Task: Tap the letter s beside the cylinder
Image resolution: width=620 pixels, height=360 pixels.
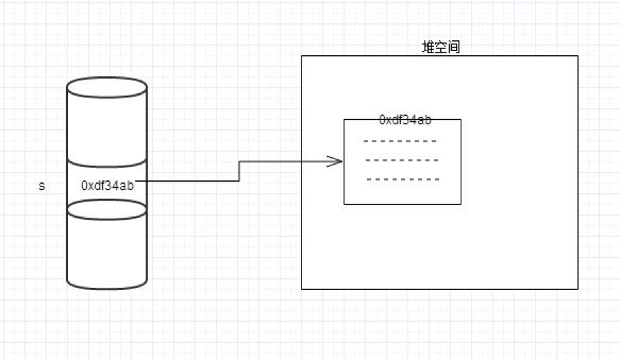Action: coord(42,185)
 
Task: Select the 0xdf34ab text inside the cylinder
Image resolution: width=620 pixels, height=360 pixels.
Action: coord(108,185)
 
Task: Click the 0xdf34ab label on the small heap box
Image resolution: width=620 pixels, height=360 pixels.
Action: coord(405,120)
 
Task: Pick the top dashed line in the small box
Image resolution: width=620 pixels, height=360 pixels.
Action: coord(400,142)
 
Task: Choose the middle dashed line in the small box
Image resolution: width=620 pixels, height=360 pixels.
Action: coord(402,161)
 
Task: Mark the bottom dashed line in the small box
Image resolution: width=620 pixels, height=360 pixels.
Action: coord(402,180)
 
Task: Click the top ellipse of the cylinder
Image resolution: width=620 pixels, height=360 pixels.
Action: coord(107,86)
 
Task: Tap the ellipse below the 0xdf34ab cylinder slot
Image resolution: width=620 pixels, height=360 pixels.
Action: coord(107,209)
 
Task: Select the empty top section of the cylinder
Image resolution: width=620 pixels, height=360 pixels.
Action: coord(107,129)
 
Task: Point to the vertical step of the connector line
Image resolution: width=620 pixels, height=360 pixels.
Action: coord(239,171)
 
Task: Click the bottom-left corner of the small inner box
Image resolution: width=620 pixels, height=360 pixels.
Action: coord(344,203)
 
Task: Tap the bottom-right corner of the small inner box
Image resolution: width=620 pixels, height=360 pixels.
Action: coord(461,203)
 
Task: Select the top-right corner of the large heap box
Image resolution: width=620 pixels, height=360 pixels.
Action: coord(578,56)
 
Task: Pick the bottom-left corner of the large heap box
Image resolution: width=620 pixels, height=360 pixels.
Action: coord(301,289)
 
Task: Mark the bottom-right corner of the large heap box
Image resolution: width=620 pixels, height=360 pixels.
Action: coord(578,289)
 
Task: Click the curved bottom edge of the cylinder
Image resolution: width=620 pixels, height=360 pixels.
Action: coord(107,287)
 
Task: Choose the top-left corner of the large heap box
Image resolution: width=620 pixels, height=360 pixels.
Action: coord(301,56)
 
